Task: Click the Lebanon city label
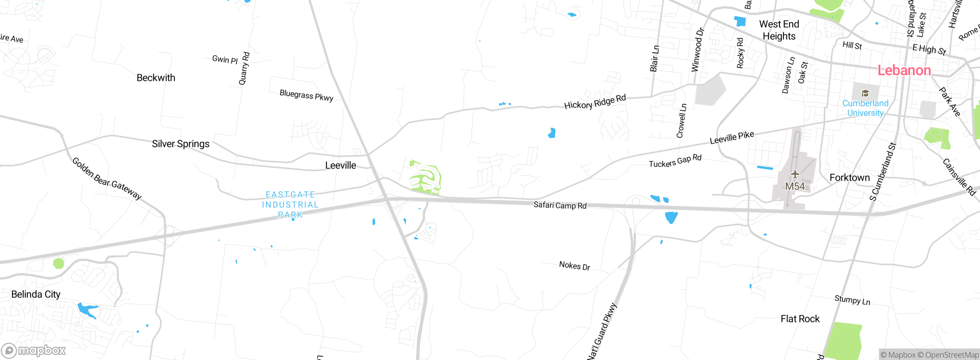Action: click(904, 70)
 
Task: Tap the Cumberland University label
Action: click(865, 108)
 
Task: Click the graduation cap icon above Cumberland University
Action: click(865, 93)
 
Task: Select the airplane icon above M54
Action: click(795, 175)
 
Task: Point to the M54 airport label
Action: click(795, 187)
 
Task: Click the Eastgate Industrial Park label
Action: click(290, 205)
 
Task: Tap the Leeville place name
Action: click(340, 165)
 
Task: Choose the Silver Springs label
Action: click(181, 144)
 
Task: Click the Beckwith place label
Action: click(156, 78)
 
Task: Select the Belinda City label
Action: click(36, 294)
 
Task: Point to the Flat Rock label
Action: click(800, 319)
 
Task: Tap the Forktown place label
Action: click(849, 178)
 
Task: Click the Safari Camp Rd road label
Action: click(560, 205)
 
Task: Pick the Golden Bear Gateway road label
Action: click(107, 178)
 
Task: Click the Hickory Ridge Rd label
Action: click(595, 101)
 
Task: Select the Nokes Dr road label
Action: click(575, 265)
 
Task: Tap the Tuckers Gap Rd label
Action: click(675, 161)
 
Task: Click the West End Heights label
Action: click(779, 30)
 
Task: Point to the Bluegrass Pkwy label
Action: click(306, 95)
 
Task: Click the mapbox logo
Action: click(34, 350)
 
